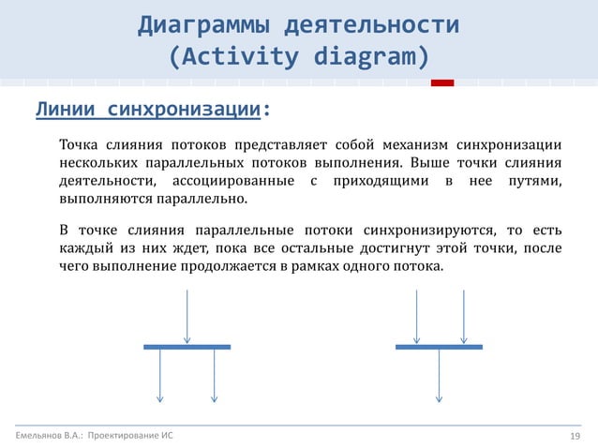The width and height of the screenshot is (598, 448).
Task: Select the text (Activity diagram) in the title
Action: point(298,57)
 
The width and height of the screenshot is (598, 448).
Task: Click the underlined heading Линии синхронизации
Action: point(147,111)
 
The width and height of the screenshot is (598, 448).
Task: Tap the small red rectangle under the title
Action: point(441,83)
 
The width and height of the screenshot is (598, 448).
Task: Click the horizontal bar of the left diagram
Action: point(187,347)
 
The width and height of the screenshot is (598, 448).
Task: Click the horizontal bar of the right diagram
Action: point(439,347)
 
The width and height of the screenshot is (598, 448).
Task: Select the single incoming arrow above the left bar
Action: point(187,317)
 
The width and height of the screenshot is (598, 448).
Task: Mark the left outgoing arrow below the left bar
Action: point(160,375)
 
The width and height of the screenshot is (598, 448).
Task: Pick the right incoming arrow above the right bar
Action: point(464,317)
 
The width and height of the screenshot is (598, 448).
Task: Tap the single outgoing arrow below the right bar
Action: point(439,375)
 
